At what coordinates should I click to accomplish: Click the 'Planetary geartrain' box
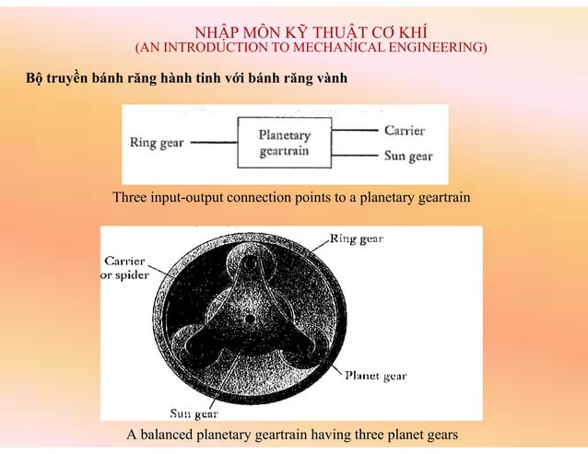(x=284, y=143)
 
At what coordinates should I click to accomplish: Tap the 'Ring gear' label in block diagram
(x=156, y=144)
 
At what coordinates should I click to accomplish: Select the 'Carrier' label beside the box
(x=405, y=131)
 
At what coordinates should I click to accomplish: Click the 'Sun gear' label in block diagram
(x=408, y=157)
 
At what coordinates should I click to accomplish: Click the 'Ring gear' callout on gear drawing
(x=357, y=239)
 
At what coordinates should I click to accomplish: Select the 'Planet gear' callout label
(x=375, y=376)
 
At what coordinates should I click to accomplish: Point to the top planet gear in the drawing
(x=251, y=264)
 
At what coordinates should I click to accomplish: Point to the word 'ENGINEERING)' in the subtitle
(x=437, y=46)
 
